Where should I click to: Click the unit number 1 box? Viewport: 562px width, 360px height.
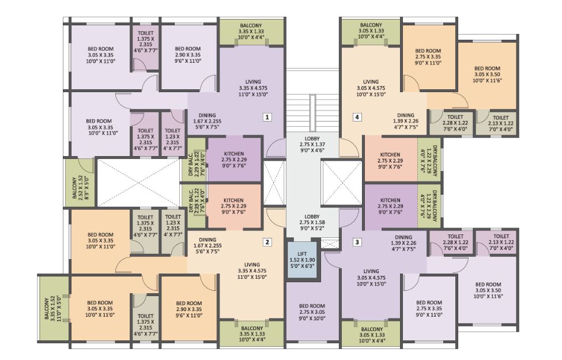267,117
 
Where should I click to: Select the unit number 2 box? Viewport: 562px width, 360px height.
267,242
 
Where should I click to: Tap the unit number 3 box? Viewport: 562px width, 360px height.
357,242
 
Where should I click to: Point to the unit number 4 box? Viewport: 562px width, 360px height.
357,117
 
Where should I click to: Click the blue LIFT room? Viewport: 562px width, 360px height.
302,260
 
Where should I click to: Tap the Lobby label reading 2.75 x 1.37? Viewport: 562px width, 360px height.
312,145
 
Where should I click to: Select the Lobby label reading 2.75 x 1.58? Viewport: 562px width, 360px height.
312,222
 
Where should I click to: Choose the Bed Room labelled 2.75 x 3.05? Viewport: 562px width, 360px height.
312,312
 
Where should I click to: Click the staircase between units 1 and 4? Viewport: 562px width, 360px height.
312,112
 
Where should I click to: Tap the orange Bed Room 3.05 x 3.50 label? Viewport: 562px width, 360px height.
487,74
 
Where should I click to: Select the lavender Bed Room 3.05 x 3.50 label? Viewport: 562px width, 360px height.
488,290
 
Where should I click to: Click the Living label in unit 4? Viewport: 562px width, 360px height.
371,88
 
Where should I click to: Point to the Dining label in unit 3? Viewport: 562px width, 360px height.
403,243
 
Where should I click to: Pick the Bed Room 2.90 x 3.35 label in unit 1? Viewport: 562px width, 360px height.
188,55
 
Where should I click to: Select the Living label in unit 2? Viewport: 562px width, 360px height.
252,271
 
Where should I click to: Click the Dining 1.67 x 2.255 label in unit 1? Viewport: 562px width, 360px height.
207,121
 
